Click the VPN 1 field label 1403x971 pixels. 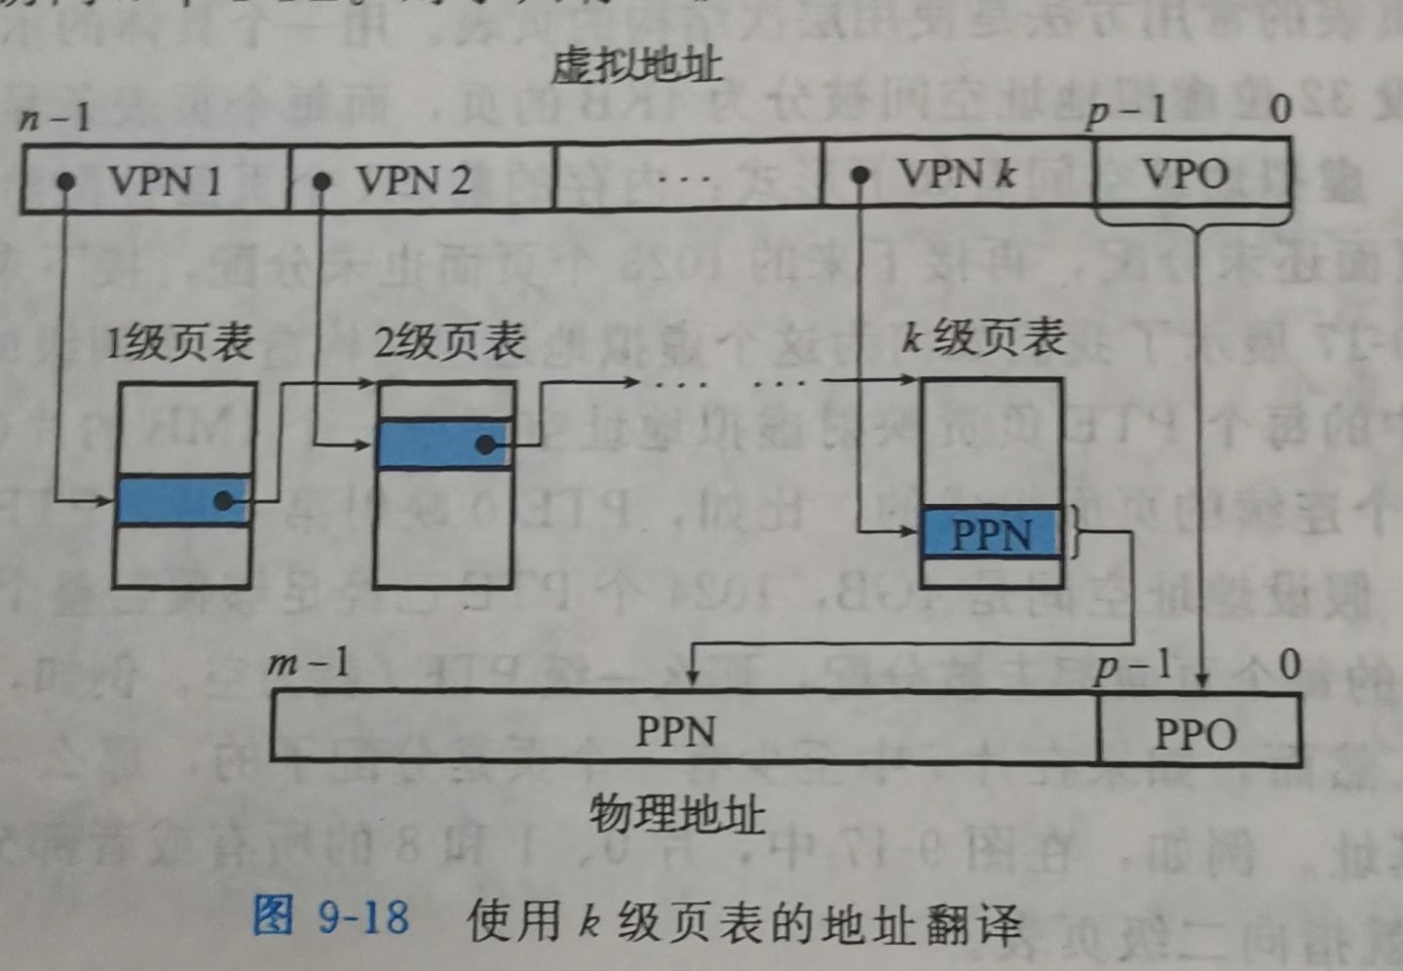pos(165,180)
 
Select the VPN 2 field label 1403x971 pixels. pos(413,180)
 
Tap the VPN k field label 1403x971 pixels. pos(957,175)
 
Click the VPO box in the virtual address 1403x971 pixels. pos(1185,175)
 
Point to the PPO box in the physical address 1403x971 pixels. pos(1195,733)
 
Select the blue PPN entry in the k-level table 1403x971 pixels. pos(991,534)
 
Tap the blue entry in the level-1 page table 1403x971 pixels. pos(182,501)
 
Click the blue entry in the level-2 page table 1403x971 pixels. pos(443,445)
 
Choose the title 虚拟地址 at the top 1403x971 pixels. pos(635,66)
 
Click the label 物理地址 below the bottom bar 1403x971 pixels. pos(677,814)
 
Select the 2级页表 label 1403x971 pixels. pos(449,342)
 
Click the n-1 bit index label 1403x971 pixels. pos(55,119)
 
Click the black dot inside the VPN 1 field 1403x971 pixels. pos(66,181)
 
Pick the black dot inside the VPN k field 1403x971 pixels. pos(859,175)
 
